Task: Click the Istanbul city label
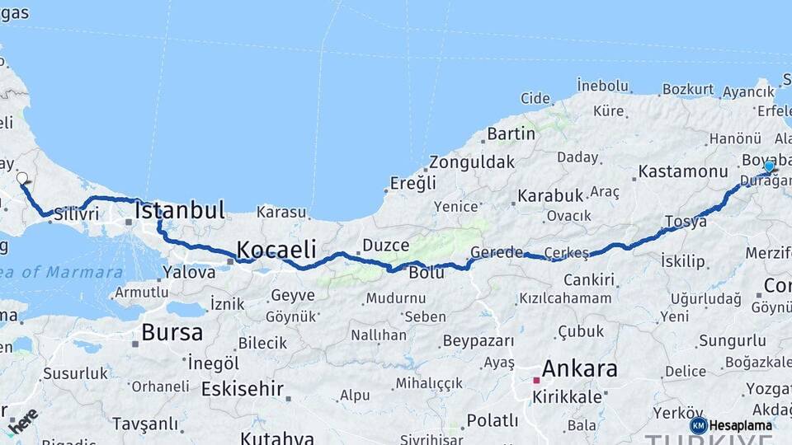180,210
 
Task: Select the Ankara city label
579,368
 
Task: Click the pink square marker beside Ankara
536,380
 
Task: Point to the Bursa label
172,332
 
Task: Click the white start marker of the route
22,177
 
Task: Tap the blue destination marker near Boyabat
769,166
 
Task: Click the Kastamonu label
681,172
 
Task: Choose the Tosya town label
686,222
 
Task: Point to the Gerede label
497,252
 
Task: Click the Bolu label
427,272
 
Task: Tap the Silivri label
77,214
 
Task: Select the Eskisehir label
243,388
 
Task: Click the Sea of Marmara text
62,272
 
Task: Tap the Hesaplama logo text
740,425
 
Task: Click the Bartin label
511,133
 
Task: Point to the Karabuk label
550,196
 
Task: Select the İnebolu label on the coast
602,85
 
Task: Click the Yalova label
189,272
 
